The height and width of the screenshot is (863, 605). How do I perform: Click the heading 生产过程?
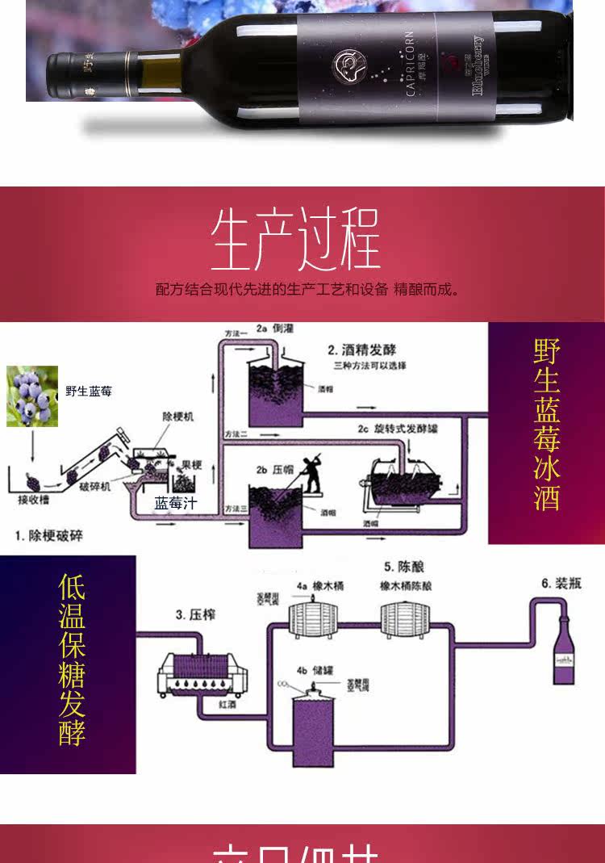(295, 241)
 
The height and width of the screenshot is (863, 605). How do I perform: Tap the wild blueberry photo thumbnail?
(32, 396)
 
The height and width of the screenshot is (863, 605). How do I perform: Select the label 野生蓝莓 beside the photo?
(89, 392)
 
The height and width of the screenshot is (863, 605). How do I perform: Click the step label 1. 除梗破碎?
(48, 535)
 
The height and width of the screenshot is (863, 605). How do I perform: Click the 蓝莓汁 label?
(176, 504)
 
